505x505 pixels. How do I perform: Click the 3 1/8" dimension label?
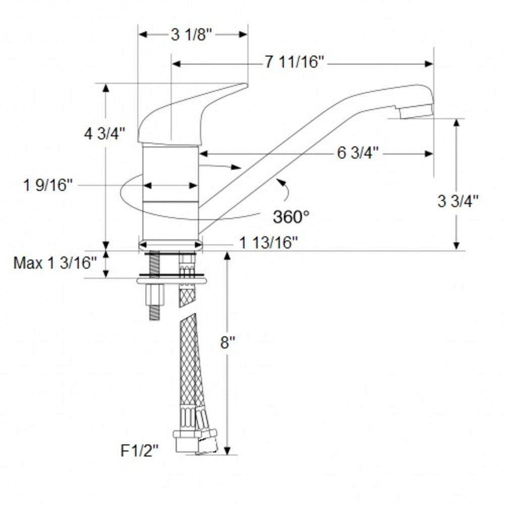pos(193,35)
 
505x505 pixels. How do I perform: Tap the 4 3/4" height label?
pos(105,135)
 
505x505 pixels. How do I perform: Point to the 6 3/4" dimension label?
pos(358,154)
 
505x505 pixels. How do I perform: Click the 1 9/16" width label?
pos(48,185)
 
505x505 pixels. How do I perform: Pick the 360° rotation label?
pos(291,217)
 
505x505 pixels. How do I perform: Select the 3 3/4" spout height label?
pos(458,201)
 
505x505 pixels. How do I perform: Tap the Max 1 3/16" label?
pos(55,263)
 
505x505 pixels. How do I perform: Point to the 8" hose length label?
pos(229,343)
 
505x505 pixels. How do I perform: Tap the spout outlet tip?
pos(416,111)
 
